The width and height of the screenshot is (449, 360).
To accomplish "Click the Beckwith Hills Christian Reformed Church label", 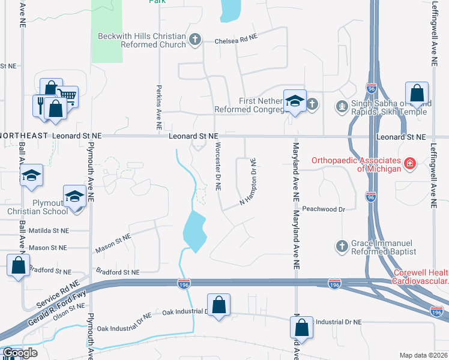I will pyautogui.click(x=142, y=41).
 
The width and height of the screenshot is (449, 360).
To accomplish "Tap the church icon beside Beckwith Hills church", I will pyautogui.click(x=194, y=40).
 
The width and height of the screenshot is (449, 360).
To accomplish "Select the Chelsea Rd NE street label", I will pyautogui.click(x=236, y=41).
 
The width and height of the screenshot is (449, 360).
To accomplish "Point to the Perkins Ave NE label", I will pyautogui.click(x=159, y=106).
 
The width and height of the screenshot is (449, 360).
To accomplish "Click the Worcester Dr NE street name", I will pyautogui.click(x=217, y=167).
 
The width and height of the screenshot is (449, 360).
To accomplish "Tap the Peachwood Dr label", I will pyautogui.click(x=325, y=209).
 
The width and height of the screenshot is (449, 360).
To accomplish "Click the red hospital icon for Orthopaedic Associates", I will pyautogui.click(x=410, y=163).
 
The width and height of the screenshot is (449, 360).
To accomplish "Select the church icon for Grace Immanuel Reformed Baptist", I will pyautogui.click(x=342, y=246).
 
